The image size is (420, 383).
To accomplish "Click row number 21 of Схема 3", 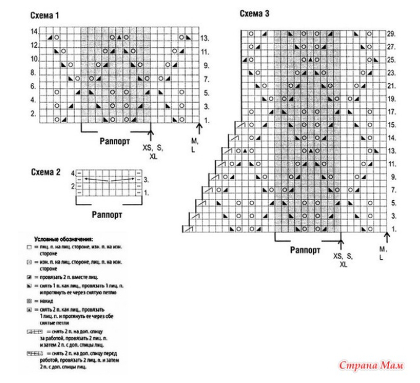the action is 390,86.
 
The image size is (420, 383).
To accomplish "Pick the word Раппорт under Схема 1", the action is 115,141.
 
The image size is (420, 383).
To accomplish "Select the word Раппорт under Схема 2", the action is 107,214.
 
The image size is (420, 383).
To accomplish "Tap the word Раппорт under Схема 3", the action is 305,250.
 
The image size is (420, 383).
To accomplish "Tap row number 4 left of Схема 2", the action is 72,171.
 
